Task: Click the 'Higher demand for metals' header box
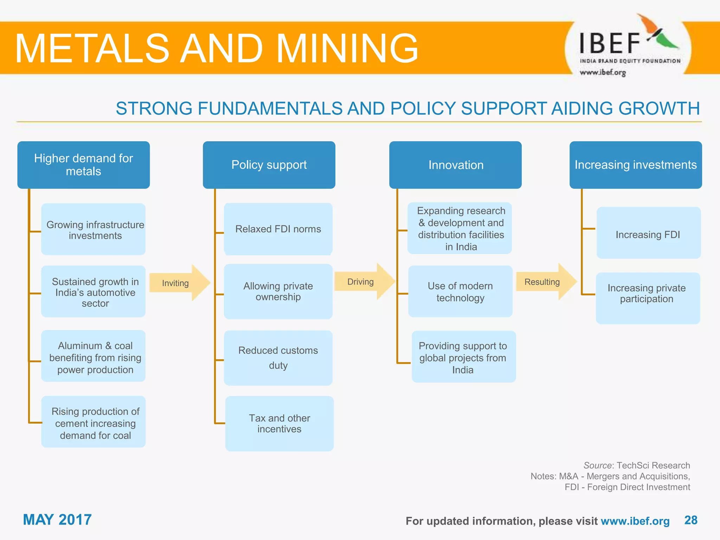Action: pyautogui.click(x=83, y=165)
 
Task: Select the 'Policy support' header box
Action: pyautogui.click(x=269, y=165)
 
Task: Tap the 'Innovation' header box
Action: pyautogui.click(x=455, y=165)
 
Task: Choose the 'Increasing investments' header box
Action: pyautogui.click(x=636, y=165)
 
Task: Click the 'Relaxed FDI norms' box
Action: pyautogui.click(x=278, y=229)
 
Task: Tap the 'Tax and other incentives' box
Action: pyautogui.click(x=279, y=424)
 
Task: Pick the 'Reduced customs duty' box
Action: pyautogui.click(x=278, y=358)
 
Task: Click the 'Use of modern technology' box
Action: pyautogui.click(x=460, y=291)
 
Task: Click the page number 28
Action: pyautogui.click(x=691, y=520)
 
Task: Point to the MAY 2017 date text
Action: pyautogui.click(x=57, y=520)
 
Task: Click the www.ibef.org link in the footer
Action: pyautogui.click(x=635, y=521)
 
